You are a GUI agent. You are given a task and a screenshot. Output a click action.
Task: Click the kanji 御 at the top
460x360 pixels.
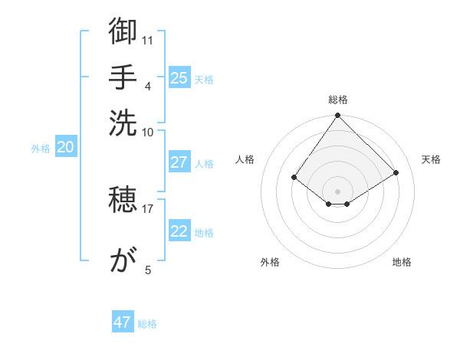click(123, 32)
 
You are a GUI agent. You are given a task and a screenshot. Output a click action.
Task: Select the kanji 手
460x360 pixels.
click(123, 77)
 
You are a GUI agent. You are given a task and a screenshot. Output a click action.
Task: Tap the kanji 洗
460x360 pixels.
click(123, 122)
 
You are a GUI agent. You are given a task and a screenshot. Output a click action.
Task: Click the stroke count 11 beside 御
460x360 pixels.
click(148, 39)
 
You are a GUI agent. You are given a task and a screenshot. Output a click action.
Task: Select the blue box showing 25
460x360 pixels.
click(179, 77)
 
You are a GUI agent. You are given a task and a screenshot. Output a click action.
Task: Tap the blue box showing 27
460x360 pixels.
click(179, 162)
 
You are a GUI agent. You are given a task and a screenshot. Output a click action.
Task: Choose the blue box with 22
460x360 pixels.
click(179, 232)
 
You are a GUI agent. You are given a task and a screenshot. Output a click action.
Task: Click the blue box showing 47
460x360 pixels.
click(123, 322)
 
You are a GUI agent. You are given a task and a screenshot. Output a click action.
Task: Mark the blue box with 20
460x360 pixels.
click(65, 148)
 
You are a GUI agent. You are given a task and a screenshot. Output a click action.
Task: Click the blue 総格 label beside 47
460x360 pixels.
click(147, 324)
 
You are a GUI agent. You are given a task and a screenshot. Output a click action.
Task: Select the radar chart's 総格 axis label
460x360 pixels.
click(338, 100)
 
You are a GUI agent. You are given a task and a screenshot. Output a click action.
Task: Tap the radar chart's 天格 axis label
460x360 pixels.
click(431, 159)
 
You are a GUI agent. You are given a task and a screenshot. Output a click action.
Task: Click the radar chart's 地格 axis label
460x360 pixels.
click(402, 262)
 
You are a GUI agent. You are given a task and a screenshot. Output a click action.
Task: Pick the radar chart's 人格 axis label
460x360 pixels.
click(245, 159)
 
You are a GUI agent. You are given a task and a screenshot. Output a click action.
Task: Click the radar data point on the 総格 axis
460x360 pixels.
click(338, 116)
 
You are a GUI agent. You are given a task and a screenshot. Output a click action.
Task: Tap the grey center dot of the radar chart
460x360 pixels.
click(338, 191)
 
